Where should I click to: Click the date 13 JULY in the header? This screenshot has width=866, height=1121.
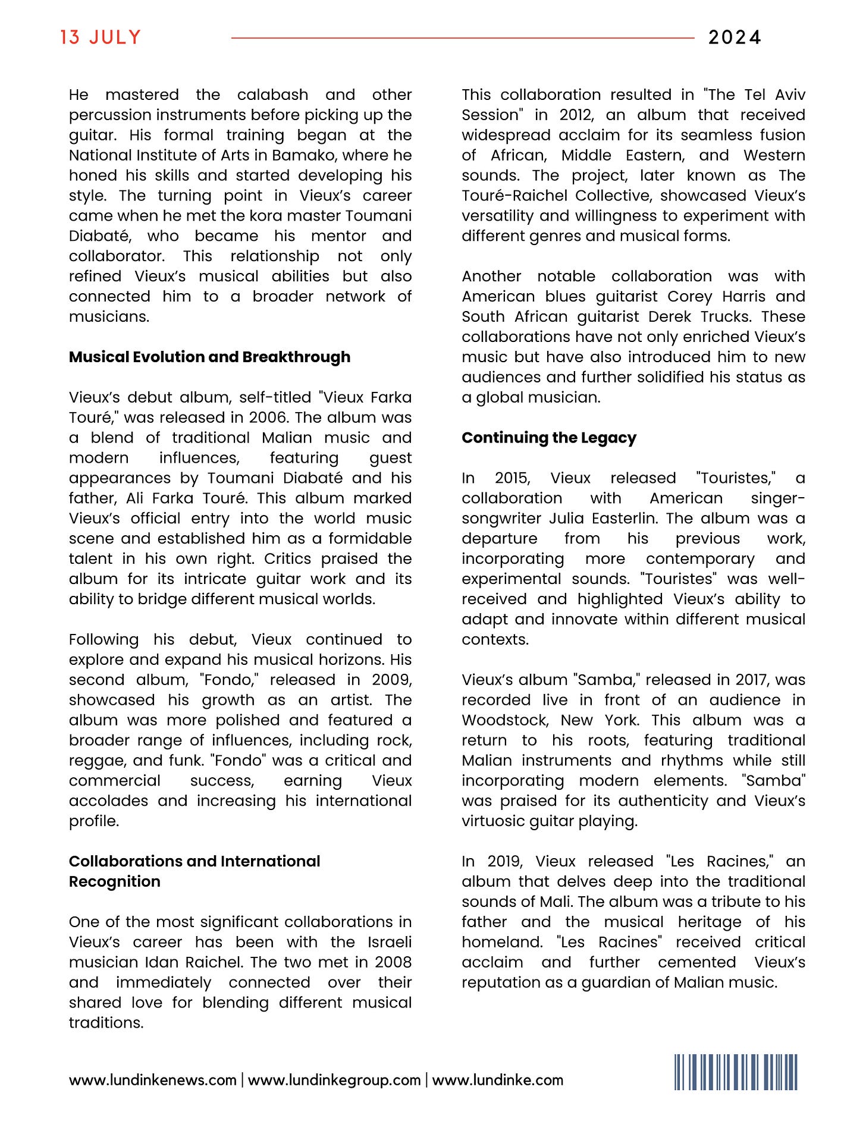101,37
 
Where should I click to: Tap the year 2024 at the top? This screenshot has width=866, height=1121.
735,37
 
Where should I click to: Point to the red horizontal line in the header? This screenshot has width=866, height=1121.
462,38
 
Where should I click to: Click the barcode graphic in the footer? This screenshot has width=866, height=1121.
736,1072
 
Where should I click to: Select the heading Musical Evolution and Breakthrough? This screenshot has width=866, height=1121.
209,357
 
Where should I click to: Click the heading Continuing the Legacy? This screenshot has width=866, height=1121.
548,438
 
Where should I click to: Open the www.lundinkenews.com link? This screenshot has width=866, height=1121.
153,1080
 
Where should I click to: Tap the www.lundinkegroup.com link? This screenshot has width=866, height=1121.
334,1080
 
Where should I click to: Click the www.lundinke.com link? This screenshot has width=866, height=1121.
498,1080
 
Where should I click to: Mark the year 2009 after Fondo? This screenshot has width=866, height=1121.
391,680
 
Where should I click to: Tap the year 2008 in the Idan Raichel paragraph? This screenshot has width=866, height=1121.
393,962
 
